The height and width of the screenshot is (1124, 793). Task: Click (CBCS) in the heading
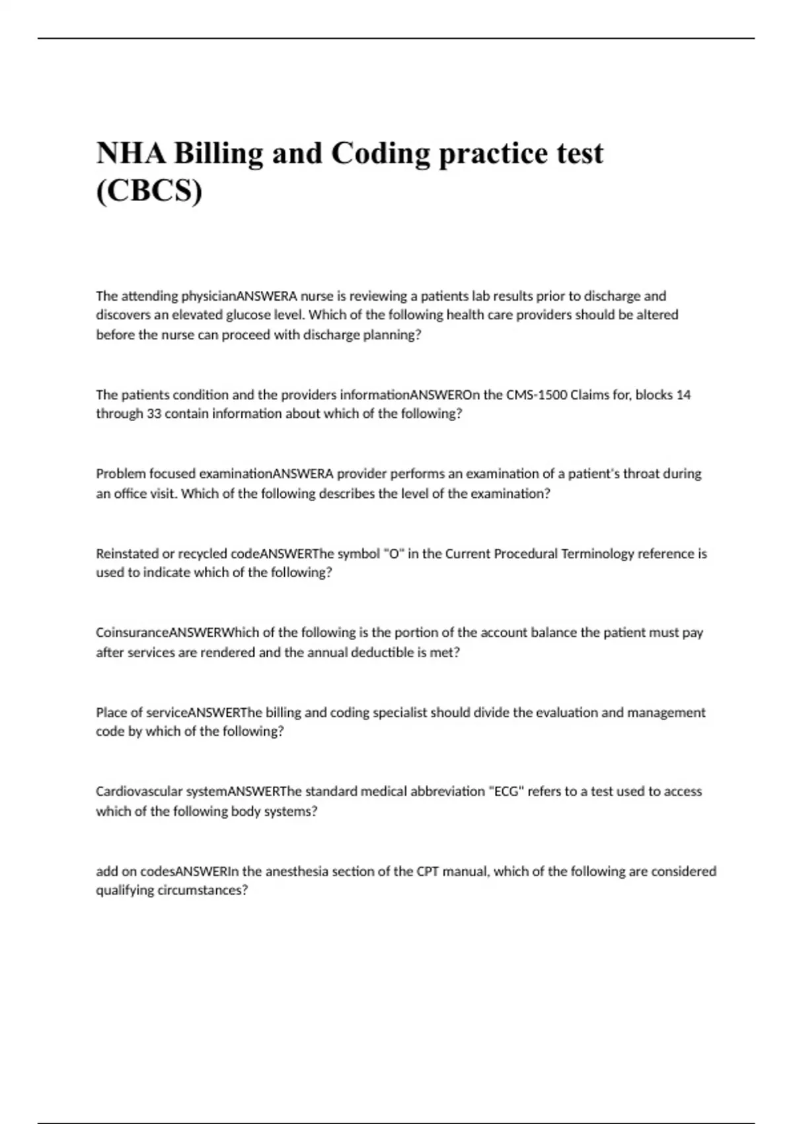tap(149, 191)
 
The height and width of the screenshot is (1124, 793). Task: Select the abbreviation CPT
tap(427, 871)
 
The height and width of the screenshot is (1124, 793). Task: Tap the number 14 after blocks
tap(684, 395)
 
